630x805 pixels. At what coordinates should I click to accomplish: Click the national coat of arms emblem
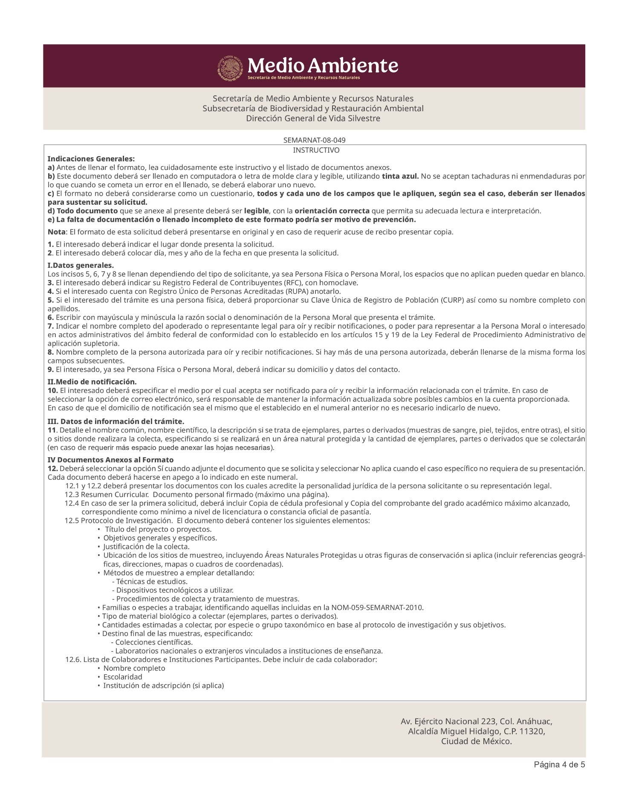230,69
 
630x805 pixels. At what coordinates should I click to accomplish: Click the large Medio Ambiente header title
323,66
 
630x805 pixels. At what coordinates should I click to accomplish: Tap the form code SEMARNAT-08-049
314,140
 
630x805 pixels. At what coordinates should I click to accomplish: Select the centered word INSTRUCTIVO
316,150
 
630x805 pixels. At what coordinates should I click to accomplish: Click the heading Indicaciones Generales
91,159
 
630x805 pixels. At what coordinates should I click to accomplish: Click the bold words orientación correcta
332,211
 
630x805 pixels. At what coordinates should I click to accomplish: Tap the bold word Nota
57,232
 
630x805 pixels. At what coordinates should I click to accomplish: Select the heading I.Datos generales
81,266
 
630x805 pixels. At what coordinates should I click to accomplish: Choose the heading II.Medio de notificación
92,381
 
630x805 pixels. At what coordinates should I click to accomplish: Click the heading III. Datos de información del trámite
116,421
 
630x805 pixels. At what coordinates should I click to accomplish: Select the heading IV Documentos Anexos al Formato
110,460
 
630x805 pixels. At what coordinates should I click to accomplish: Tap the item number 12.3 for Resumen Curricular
72,495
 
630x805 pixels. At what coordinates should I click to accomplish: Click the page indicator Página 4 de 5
559,765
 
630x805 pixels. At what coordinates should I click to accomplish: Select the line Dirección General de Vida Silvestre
313,118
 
